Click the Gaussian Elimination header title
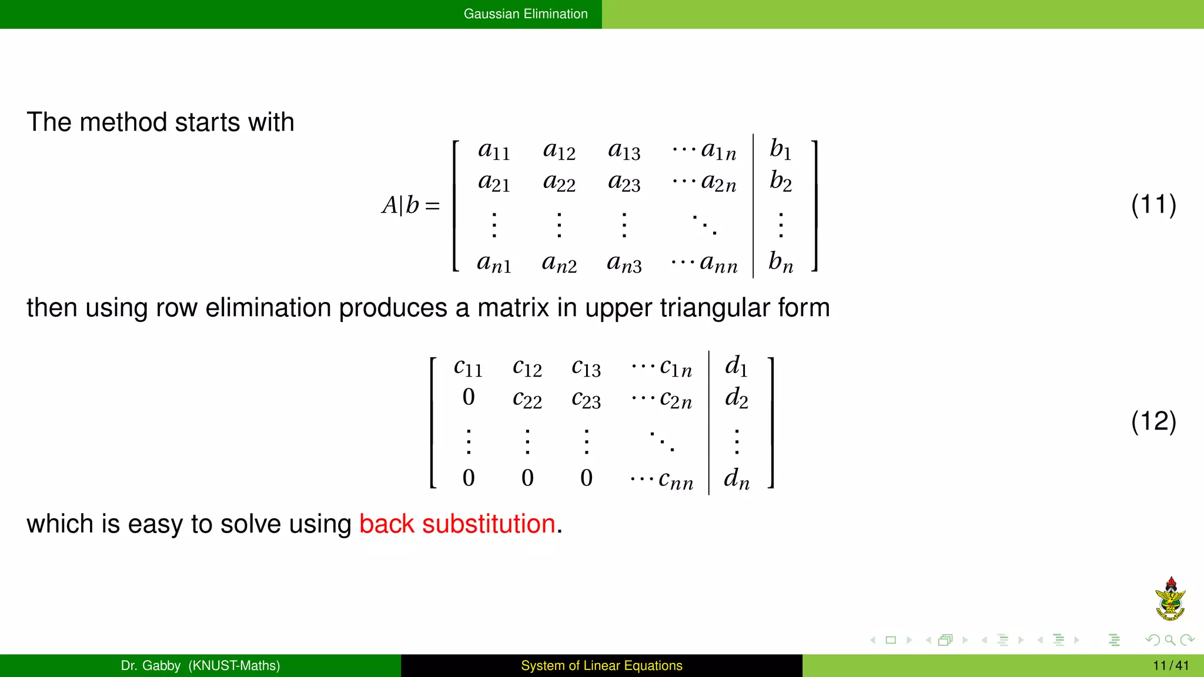tap(525, 14)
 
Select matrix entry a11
tap(493, 150)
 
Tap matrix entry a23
tap(624, 183)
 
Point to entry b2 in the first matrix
tap(780, 181)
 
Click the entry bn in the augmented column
tap(780, 262)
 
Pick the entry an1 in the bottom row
tap(493, 263)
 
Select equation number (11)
tap(1153, 205)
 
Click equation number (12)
tap(1153, 421)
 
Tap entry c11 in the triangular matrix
tap(468, 367)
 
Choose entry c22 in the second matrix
tap(527, 399)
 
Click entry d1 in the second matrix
tap(736, 366)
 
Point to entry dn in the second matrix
tap(736, 479)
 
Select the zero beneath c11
tap(469, 397)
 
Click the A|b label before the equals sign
tap(400, 206)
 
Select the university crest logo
tap(1170, 599)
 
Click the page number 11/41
tap(1170, 665)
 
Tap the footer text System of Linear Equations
tap(601, 665)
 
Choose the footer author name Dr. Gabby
tap(150, 665)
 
